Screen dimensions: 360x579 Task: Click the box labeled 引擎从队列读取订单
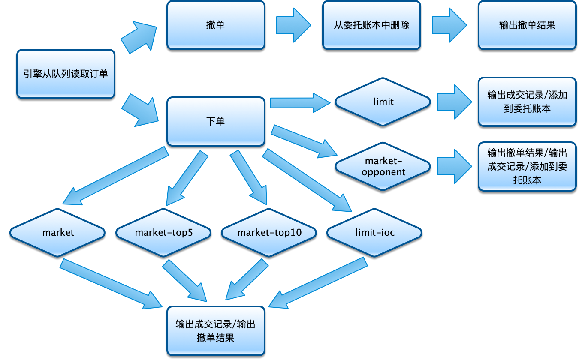point(66,74)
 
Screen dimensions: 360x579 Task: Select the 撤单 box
point(216,25)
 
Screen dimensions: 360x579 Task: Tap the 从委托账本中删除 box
point(371,25)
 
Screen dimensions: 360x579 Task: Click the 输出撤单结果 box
point(527,25)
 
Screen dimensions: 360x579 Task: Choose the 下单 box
point(216,122)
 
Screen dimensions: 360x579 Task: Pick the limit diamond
point(383,102)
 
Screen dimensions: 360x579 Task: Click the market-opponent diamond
point(383,166)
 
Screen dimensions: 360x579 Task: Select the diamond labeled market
point(58,233)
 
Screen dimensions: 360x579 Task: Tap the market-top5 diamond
point(163,233)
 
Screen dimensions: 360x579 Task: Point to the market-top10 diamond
point(269,233)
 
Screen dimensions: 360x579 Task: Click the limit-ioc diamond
point(375,233)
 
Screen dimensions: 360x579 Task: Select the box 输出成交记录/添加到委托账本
point(527,102)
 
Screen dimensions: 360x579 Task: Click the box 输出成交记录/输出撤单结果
point(216,331)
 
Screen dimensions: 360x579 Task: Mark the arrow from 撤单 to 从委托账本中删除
point(293,25)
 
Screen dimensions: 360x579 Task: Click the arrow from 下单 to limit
point(300,102)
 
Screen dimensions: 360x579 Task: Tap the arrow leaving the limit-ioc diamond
point(317,283)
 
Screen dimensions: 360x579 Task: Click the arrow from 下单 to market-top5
point(187,178)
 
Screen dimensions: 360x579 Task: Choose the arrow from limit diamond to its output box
point(454,102)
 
